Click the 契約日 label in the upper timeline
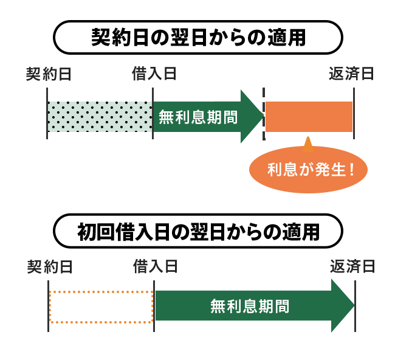click(49, 74)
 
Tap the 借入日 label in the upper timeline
click(154, 74)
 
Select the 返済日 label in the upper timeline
click(351, 74)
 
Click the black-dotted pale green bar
click(100, 116)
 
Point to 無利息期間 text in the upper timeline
click(197, 117)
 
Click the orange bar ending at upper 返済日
click(309, 116)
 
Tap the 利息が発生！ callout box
click(308, 170)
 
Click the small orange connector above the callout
click(308, 143)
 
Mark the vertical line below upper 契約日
click(47, 113)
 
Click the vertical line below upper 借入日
click(153, 113)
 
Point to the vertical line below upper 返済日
click(354, 113)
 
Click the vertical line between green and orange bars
click(264, 113)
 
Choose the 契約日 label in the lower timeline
click(50, 266)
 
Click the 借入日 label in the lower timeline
click(156, 266)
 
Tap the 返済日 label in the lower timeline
click(352, 266)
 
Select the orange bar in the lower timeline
click(100, 306)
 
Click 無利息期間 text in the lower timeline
click(250, 306)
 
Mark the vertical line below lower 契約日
click(48, 306)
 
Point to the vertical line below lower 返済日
click(355, 306)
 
